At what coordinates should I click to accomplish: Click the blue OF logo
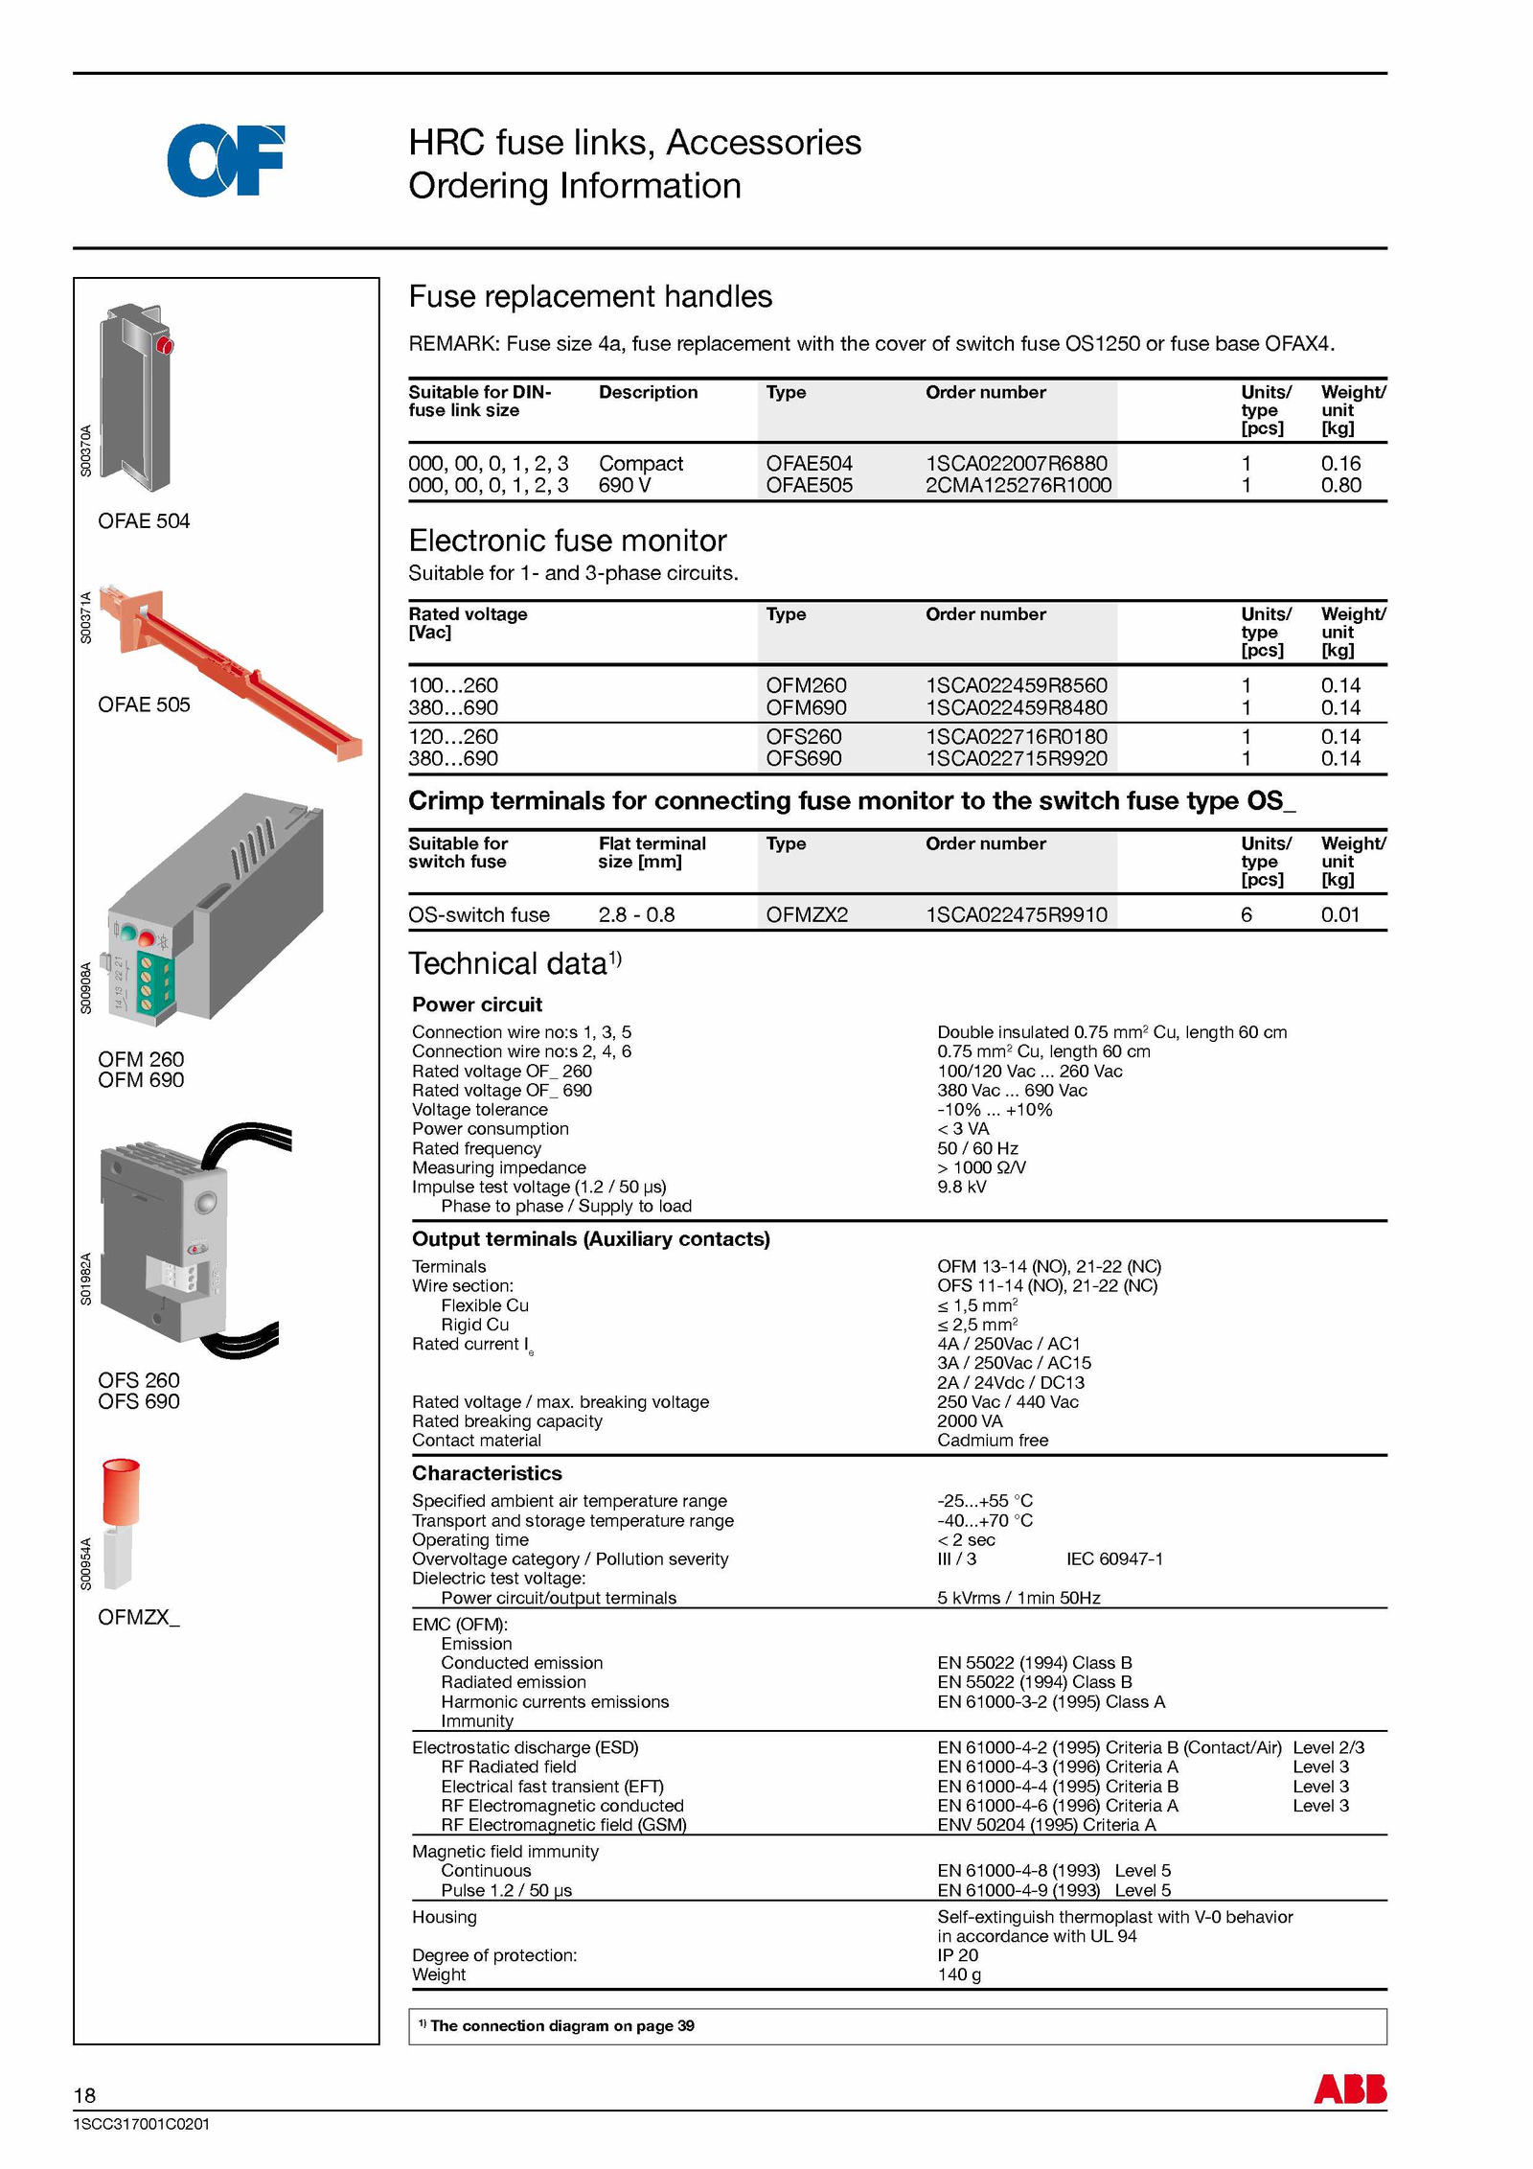226,160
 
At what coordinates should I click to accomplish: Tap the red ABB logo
1349,2088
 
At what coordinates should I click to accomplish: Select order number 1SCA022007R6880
1016,463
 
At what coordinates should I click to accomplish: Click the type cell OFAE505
809,485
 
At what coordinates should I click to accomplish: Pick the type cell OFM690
806,707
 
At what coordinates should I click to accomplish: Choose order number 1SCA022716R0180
1016,736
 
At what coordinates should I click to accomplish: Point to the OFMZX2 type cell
807,914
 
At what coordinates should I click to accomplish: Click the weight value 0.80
1340,485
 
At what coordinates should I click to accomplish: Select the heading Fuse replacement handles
590,296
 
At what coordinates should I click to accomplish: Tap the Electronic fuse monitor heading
567,541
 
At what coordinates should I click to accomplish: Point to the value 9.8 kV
961,1187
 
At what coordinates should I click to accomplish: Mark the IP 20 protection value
957,1955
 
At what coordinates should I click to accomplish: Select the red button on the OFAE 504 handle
165,345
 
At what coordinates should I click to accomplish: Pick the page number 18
84,2095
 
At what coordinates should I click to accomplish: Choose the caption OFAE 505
144,704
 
